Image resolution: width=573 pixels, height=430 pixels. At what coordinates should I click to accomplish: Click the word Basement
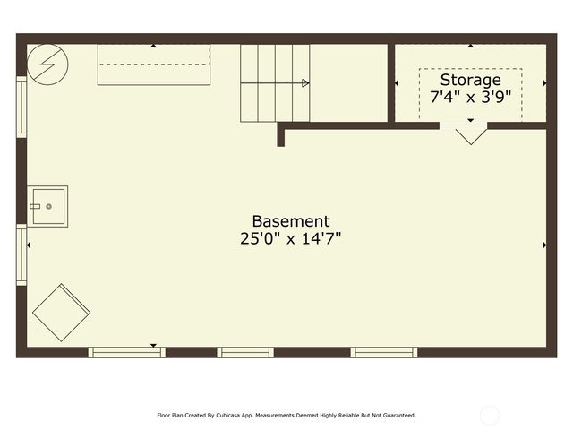point(290,221)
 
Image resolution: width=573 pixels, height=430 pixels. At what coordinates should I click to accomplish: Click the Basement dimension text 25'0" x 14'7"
point(290,239)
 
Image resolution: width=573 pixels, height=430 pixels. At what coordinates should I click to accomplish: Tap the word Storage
point(470,80)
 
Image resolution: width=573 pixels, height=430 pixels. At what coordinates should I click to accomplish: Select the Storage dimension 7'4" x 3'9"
point(470,97)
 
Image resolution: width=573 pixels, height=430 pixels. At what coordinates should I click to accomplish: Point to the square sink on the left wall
point(47,206)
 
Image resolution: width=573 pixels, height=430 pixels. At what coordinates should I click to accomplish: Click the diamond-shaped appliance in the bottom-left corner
point(61,312)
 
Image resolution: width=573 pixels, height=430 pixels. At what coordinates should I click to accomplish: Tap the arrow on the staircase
point(304,83)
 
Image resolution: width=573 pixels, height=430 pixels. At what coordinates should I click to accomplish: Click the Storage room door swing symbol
point(471,135)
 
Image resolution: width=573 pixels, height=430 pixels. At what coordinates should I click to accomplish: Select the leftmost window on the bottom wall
point(126,352)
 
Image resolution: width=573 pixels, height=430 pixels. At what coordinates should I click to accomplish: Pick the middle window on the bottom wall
point(244,352)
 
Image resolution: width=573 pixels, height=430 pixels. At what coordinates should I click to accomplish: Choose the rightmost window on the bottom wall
point(383,352)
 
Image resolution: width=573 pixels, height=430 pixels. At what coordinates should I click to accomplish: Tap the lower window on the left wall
point(21,255)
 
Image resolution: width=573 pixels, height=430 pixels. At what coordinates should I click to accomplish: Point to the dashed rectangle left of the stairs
point(154,64)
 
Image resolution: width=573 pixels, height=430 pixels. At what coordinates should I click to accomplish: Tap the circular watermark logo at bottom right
point(490,415)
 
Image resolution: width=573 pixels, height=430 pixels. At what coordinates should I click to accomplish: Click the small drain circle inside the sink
point(48,206)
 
